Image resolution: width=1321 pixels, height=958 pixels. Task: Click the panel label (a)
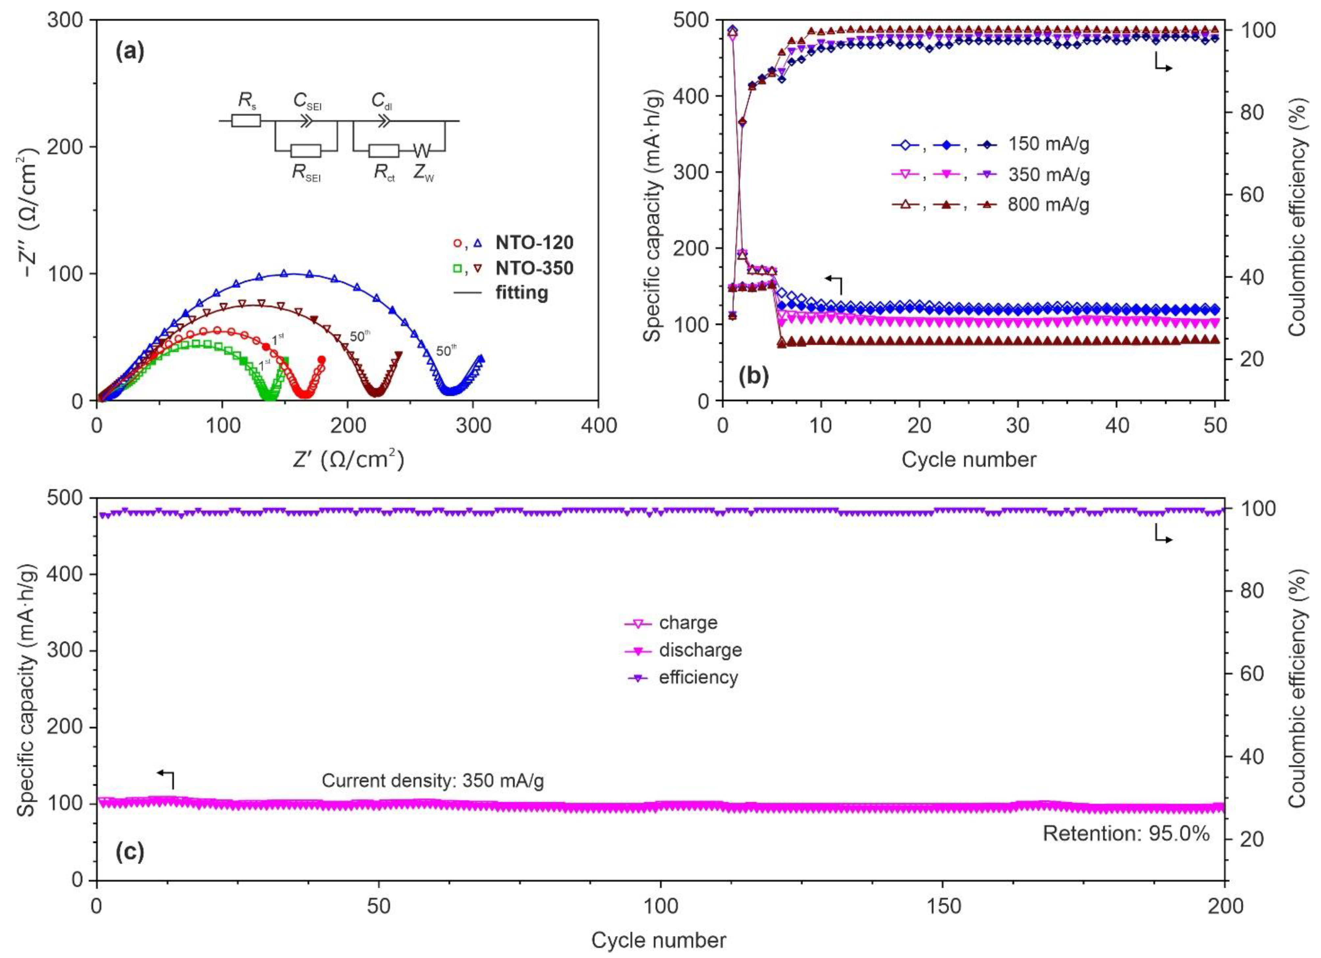129,52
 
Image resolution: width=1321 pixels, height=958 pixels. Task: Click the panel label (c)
129,852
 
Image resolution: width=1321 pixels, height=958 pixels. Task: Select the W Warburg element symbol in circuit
422,152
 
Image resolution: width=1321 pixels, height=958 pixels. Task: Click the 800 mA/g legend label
1049,205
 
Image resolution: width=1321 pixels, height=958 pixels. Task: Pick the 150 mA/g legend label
1049,144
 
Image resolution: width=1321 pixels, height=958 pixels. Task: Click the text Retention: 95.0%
1126,833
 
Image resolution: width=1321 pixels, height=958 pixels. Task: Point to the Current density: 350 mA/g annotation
433,781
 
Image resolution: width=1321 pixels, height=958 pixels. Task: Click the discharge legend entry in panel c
700,650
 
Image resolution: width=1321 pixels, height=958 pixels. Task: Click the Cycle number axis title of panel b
969,459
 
